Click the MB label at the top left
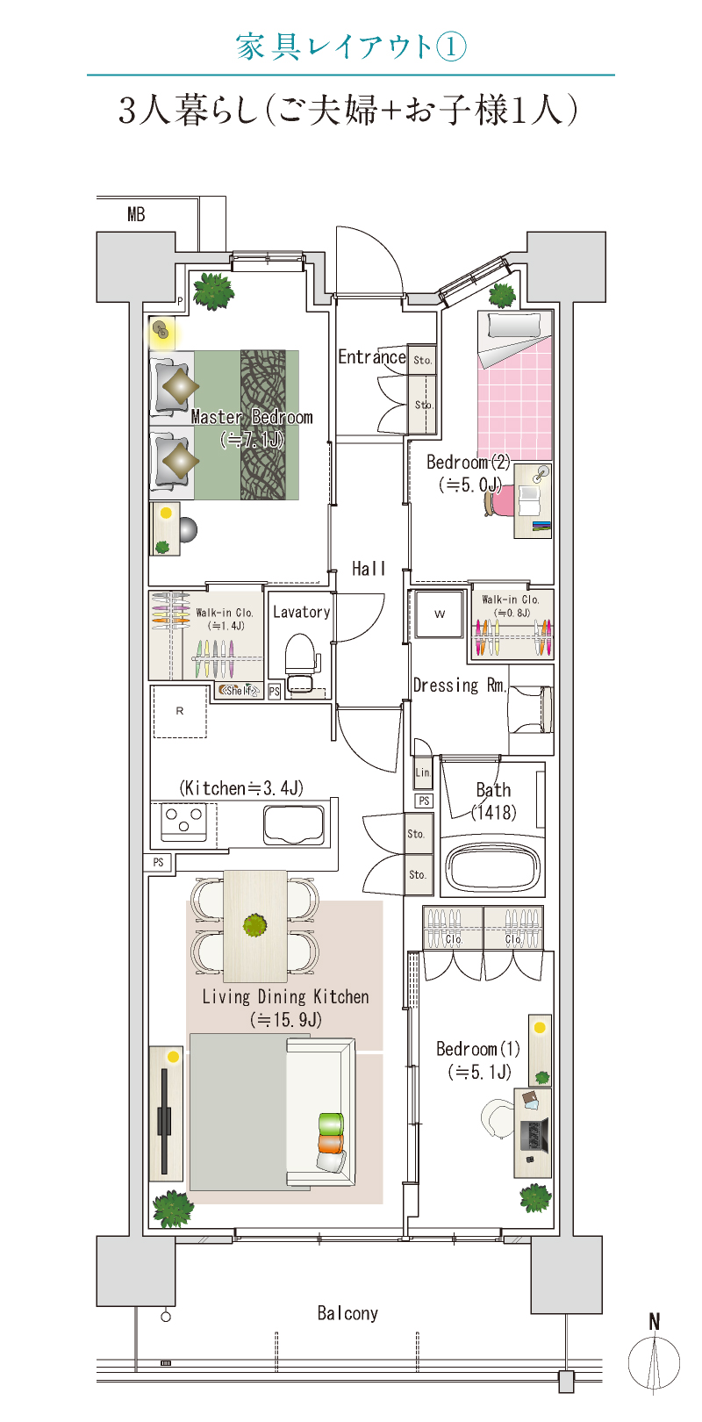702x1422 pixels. click(136, 214)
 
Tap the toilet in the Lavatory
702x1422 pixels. click(299, 661)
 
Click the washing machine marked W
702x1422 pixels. click(440, 614)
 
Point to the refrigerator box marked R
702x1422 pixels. click(180, 711)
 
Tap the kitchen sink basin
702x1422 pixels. click(294, 824)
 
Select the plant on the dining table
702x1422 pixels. click(254, 925)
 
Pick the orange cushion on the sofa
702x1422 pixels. click(330, 1144)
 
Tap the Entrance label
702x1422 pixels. click(371, 356)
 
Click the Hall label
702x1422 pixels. click(369, 568)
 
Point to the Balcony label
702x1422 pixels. click(347, 1313)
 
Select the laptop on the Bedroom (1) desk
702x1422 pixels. click(534, 1135)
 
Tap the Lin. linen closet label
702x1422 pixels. click(423, 772)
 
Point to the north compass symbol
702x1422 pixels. click(655, 1354)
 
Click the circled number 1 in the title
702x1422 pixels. click(451, 47)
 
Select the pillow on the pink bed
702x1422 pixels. click(514, 325)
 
